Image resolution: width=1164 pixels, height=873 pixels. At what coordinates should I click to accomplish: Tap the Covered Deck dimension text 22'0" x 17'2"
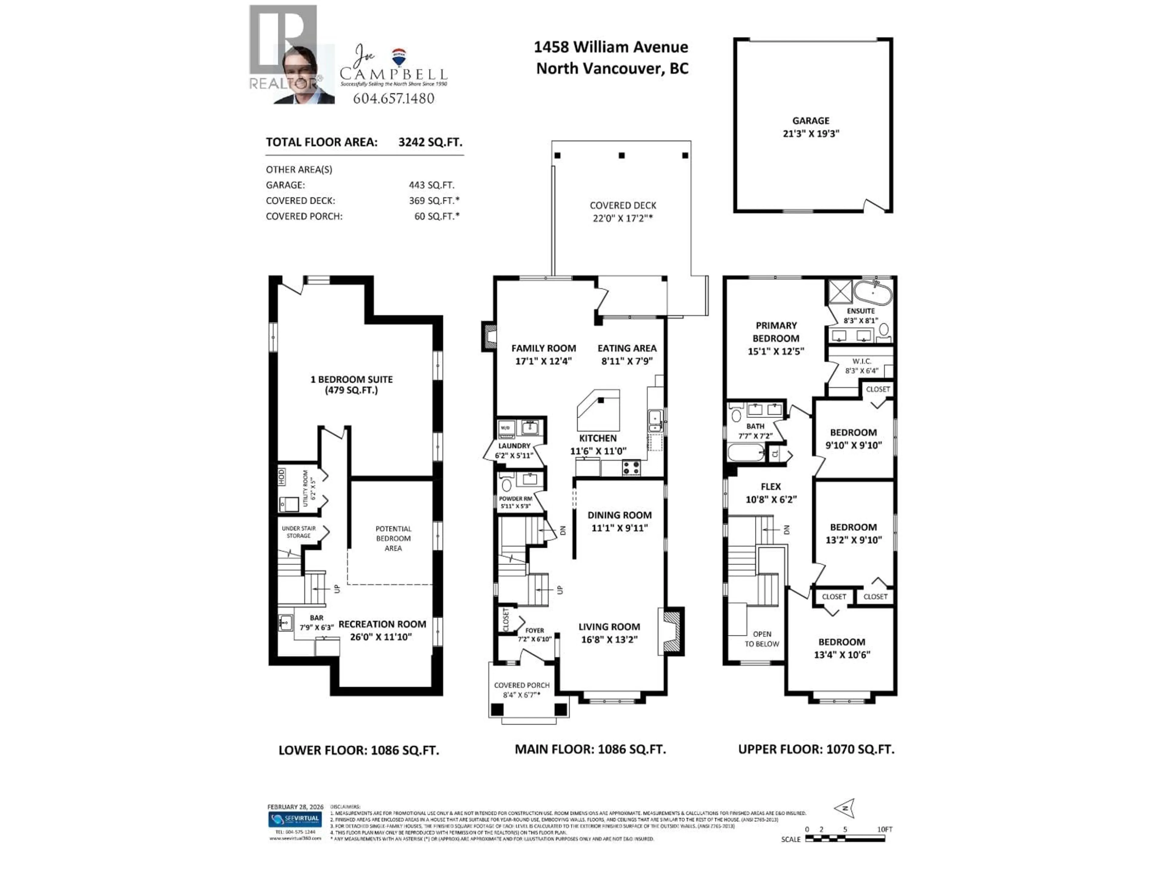[x=623, y=218]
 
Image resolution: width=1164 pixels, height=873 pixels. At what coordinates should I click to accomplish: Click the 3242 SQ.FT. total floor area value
[x=430, y=142]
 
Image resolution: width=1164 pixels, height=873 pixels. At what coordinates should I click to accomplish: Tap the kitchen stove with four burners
[x=631, y=467]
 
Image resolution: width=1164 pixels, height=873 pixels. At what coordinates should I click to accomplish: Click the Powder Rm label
[x=515, y=498]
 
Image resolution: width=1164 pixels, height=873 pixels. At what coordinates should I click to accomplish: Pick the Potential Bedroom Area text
[x=393, y=538]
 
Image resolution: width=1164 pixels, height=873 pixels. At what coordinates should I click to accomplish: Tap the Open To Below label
[x=761, y=639]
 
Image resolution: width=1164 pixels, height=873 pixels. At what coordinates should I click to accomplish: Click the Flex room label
[x=770, y=487]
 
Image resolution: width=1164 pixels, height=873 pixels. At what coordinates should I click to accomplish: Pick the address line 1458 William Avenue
[x=610, y=47]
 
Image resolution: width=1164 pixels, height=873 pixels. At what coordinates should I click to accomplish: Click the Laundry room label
[x=514, y=446]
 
